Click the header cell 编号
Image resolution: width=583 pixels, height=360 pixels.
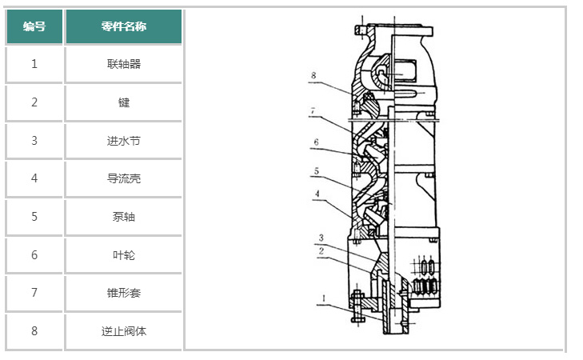[34, 26]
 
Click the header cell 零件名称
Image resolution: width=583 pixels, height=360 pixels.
[124, 26]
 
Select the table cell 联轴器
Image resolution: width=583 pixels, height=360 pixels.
[124, 64]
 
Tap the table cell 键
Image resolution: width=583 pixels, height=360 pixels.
[124, 102]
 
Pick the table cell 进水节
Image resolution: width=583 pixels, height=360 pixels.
[124, 141]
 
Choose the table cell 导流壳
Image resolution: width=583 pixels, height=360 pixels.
[124, 178]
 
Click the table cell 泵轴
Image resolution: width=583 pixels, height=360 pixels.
[124, 217]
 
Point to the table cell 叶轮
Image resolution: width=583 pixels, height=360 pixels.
[124, 255]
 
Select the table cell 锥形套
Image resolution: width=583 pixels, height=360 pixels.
[124, 293]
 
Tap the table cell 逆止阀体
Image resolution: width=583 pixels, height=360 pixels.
[124, 331]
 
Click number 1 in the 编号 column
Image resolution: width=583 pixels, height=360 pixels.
[34, 64]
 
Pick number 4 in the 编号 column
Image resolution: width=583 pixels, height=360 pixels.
[34, 178]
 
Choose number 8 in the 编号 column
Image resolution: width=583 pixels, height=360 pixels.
[34, 331]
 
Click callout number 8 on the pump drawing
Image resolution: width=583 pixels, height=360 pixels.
[314, 75]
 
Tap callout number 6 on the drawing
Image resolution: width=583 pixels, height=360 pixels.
[316, 142]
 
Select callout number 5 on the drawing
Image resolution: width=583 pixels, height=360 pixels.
[317, 170]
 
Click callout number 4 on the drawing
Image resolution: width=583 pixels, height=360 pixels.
[317, 194]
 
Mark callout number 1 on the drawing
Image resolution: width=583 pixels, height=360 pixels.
[323, 300]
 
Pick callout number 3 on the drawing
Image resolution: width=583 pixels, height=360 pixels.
[321, 238]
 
